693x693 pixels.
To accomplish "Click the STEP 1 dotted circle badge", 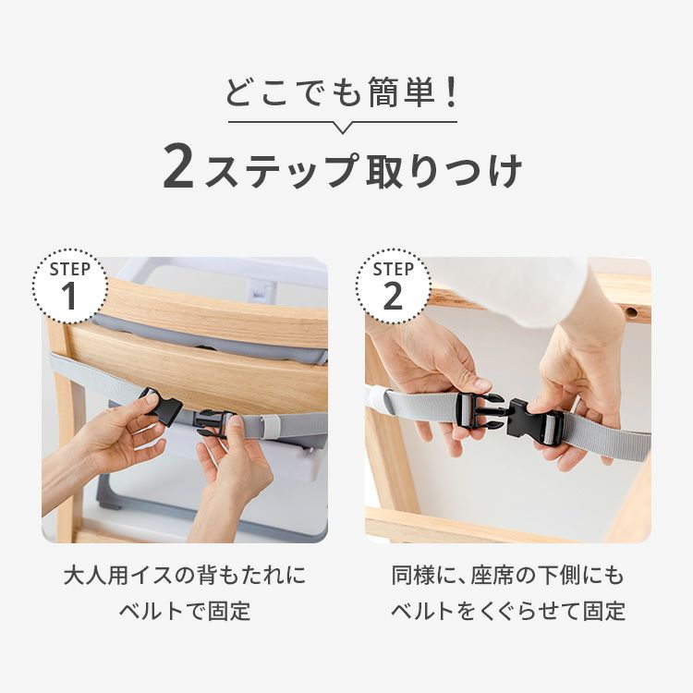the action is coord(69,286).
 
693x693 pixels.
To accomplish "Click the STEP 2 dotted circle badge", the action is coord(393,286).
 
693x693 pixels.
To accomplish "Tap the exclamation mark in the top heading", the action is coord(451,91).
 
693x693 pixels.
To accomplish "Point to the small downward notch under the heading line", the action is coord(343,128).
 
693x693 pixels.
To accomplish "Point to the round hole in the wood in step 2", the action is coord(632,313).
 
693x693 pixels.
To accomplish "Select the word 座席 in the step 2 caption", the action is coord(491,576).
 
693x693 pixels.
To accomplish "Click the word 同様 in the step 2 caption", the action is coord(412,576).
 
